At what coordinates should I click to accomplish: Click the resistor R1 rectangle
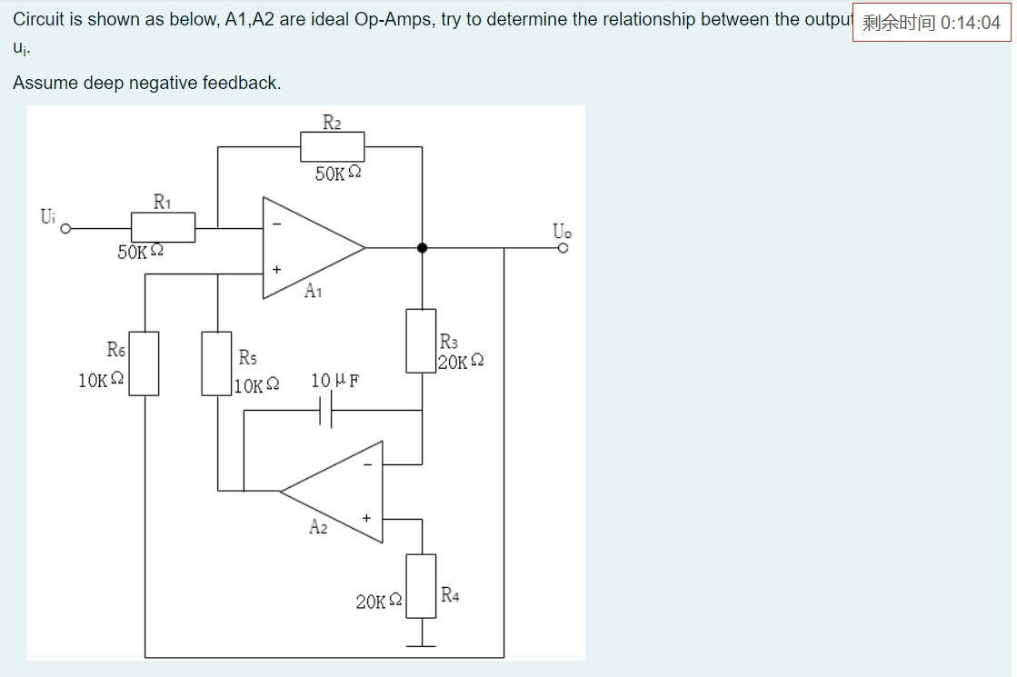pyautogui.click(x=163, y=227)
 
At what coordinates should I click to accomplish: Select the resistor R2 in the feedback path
pyautogui.click(x=332, y=146)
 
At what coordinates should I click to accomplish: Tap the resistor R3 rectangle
pyautogui.click(x=421, y=339)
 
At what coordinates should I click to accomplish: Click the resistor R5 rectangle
pyautogui.click(x=217, y=363)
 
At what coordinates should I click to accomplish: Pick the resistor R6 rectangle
pyautogui.click(x=145, y=363)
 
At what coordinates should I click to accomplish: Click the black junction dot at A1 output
pyautogui.click(x=422, y=247)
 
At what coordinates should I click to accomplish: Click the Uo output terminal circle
pyautogui.click(x=563, y=247)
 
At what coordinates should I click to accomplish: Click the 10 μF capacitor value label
pyautogui.click(x=334, y=380)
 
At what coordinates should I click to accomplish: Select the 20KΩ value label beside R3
pyautogui.click(x=460, y=362)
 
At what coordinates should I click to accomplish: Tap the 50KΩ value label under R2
pyautogui.click(x=339, y=174)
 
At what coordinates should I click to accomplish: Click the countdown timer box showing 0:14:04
pyautogui.click(x=932, y=23)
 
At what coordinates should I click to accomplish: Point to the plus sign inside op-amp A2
pyautogui.click(x=367, y=518)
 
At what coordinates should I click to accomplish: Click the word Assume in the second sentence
pyautogui.click(x=45, y=83)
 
